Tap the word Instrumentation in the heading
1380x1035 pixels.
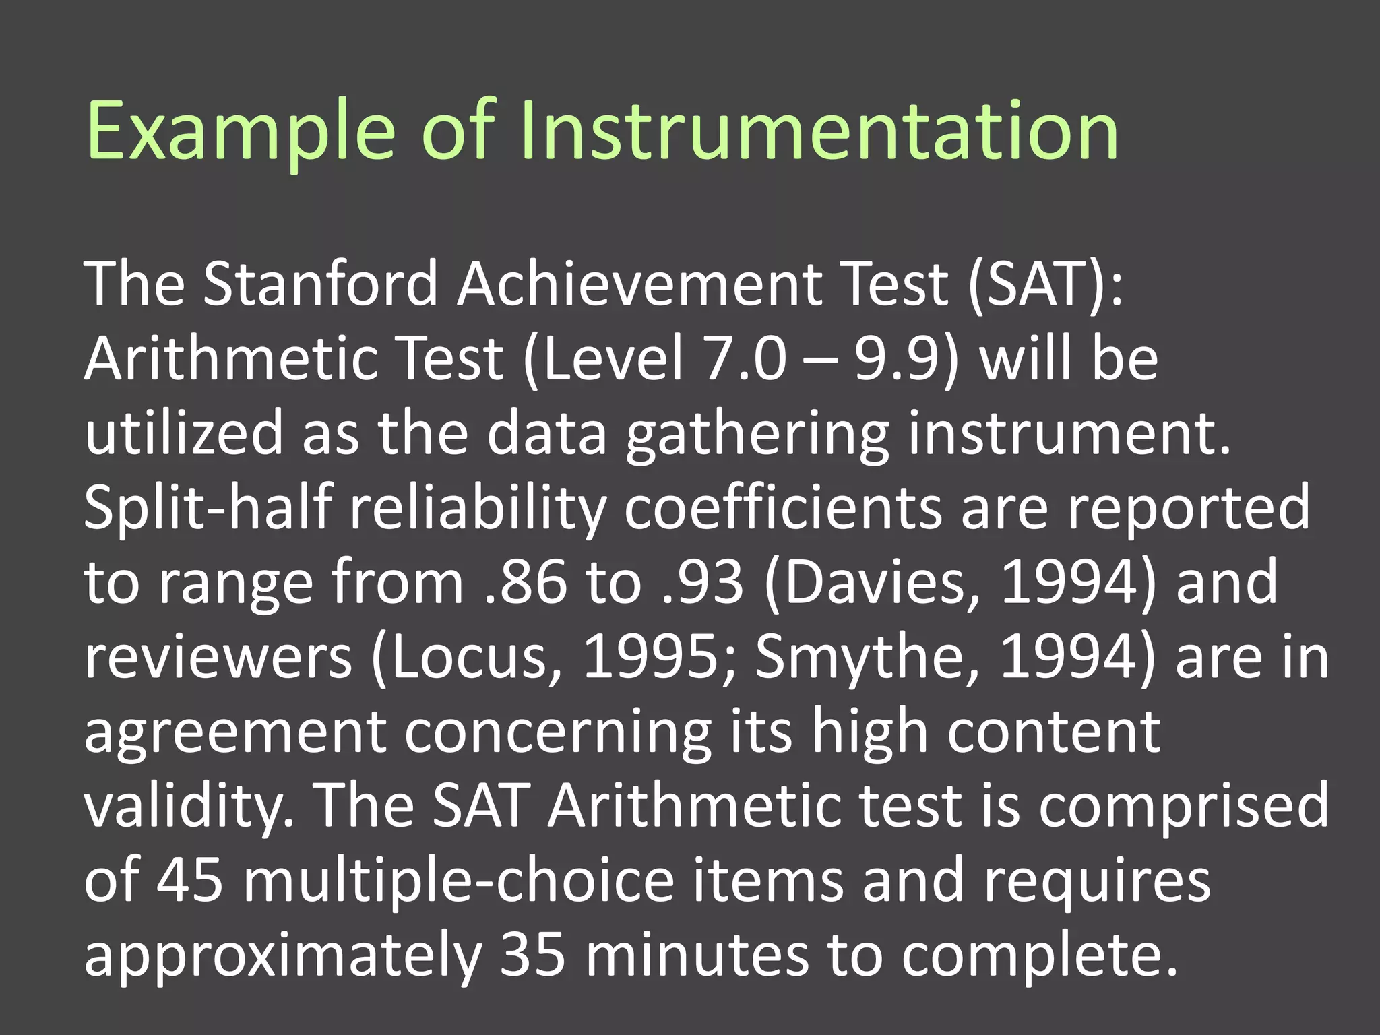[818, 131]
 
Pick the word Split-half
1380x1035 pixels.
[208, 507]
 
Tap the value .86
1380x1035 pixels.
[526, 582]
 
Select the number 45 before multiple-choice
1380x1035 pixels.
[189, 881]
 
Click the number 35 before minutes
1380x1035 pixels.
[533, 955]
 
